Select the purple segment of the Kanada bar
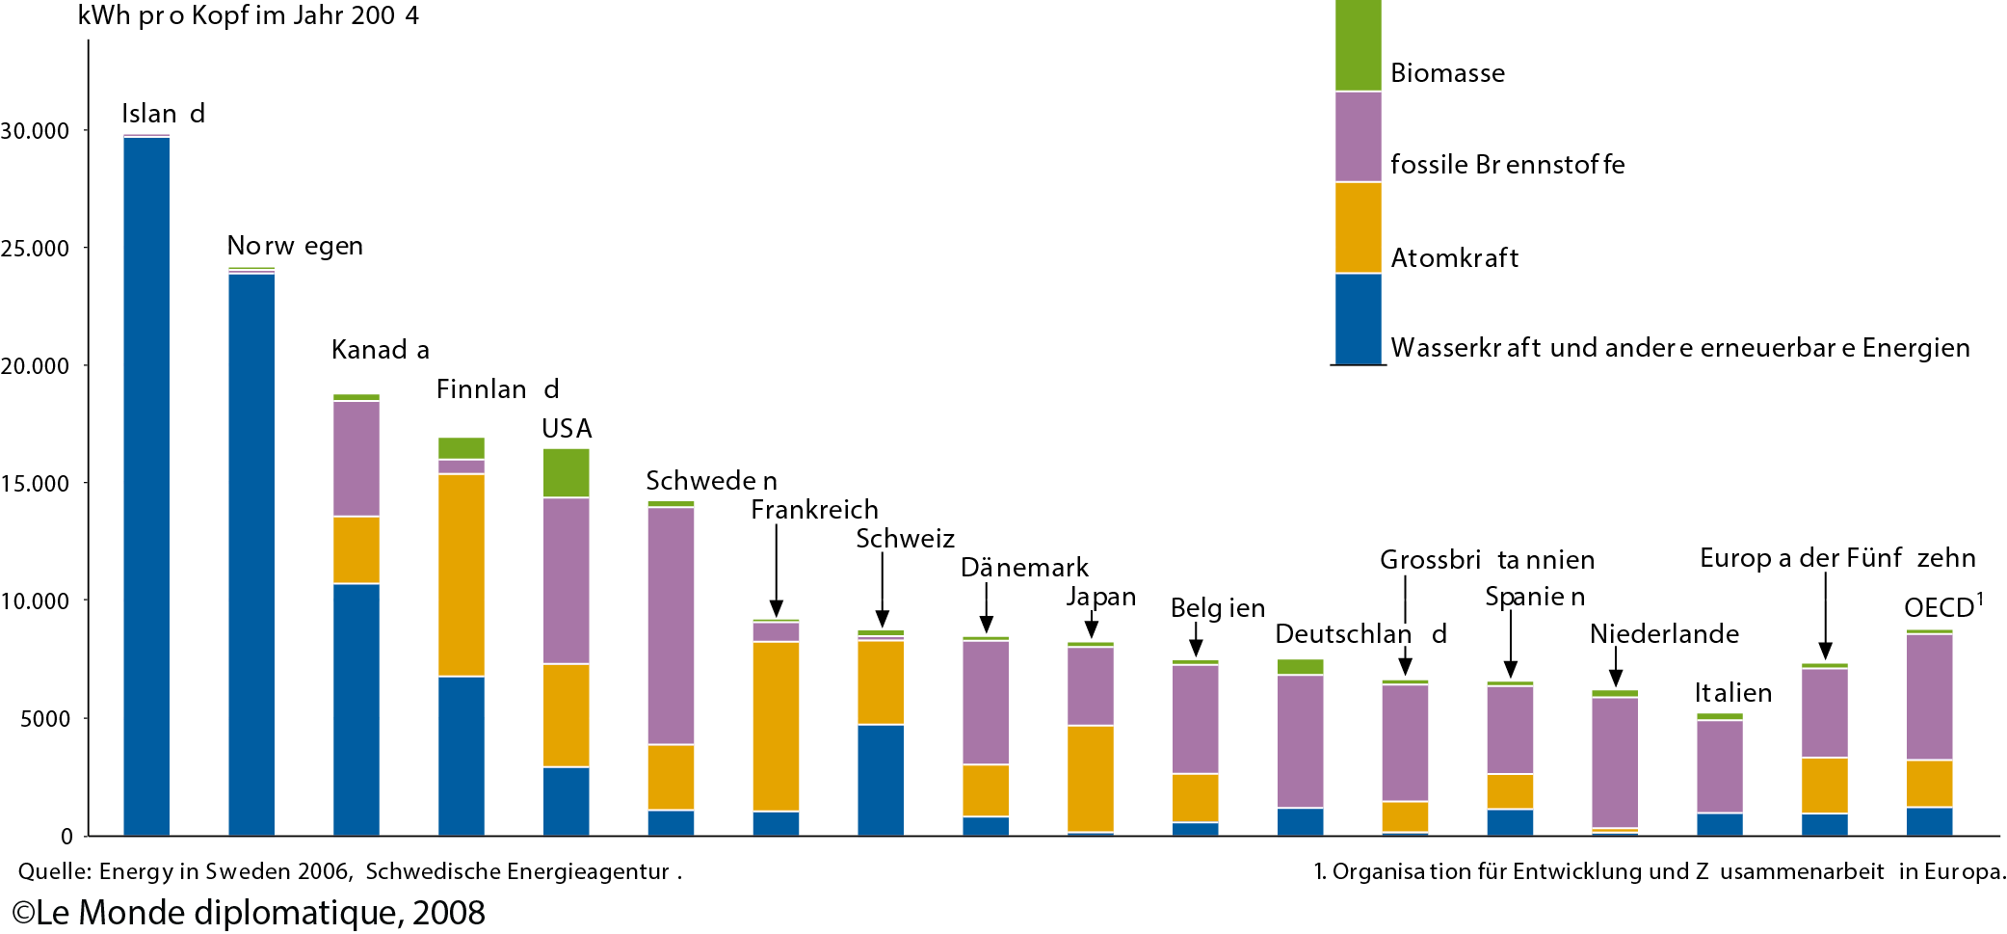click(357, 459)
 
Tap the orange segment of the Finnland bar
click(462, 575)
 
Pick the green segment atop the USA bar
click(567, 472)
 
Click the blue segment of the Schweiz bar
click(881, 780)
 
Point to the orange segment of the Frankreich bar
click(776, 726)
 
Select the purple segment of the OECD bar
click(1930, 697)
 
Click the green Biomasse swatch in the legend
click(1359, 45)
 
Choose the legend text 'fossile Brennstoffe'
click(1507, 165)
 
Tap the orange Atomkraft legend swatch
click(1359, 227)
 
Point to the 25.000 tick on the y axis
click(86, 248)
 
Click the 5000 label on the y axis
click(45, 718)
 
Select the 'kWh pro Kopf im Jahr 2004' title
click(248, 16)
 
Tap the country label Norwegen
click(295, 246)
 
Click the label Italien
click(1733, 693)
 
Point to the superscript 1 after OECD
click(1980, 599)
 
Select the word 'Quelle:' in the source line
click(54, 871)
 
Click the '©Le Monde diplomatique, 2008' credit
click(249, 913)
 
